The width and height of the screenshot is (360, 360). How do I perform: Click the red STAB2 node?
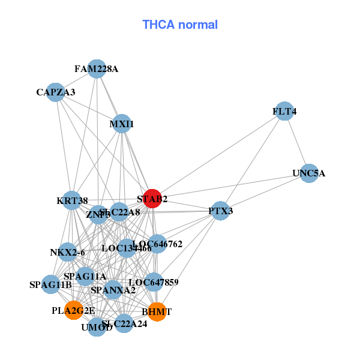pos(152,199)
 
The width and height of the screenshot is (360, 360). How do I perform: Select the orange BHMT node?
pos(157,312)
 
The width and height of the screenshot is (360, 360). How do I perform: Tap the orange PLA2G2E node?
pos(73,310)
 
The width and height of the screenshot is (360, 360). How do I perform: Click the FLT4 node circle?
pos(284,112)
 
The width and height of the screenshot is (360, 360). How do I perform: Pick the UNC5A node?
pos(308,173)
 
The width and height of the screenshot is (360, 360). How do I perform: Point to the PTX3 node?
pos(221,211)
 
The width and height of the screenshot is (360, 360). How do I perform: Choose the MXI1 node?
pos(122,124)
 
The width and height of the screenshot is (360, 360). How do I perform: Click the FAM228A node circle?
pos(97,69)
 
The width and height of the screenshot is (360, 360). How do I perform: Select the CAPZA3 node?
pos(55,92)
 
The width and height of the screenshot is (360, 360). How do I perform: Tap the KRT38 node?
pos(72,200)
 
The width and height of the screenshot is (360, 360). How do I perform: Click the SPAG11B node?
pos(50,284)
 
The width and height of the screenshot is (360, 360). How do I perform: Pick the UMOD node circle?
pos(97,327)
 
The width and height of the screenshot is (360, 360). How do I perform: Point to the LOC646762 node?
pos(157,244)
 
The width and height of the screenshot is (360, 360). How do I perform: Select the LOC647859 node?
pos(154,281)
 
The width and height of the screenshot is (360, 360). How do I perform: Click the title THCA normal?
pos(180,25)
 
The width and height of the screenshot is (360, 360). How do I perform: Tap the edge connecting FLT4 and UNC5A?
pos(296,143)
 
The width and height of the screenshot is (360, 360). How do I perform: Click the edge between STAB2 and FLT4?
pos(218,155)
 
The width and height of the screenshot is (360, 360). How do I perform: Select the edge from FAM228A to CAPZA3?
pos(76,80)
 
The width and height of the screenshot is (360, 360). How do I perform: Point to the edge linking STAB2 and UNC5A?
pos(230,186)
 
